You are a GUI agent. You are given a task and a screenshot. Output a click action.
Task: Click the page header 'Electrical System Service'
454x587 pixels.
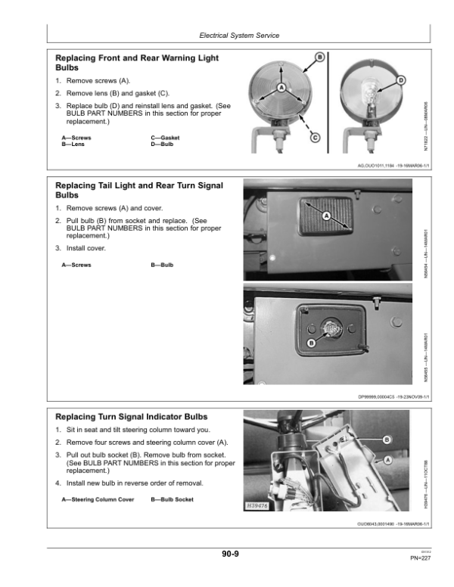[239, 36]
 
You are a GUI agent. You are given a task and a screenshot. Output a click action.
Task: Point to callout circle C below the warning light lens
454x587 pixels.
[315, 137]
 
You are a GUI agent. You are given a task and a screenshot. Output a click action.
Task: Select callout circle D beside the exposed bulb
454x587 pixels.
[400, 80]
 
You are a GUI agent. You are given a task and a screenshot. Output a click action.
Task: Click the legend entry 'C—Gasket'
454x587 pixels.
[165, 137]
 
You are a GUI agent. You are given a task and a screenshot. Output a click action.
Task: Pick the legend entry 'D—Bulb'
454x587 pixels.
[162, 143]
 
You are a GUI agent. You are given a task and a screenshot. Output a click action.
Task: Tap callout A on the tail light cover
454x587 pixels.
[327, 216]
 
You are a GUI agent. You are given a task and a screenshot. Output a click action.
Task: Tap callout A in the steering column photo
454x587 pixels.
[388, 459]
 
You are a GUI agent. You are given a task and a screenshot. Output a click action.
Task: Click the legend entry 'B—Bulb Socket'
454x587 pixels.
[173, 500]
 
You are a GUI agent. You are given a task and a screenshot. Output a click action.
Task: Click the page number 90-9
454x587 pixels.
[231, 554]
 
